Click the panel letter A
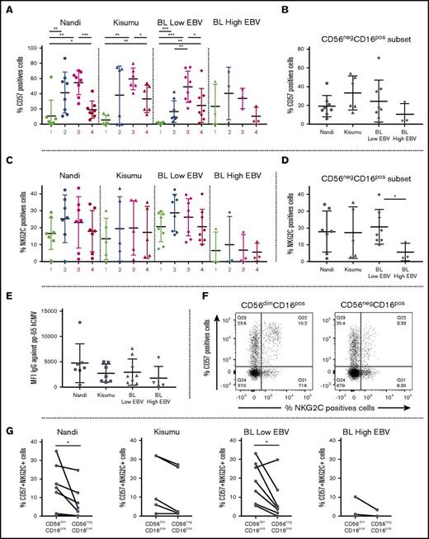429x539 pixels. coord(7,8)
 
